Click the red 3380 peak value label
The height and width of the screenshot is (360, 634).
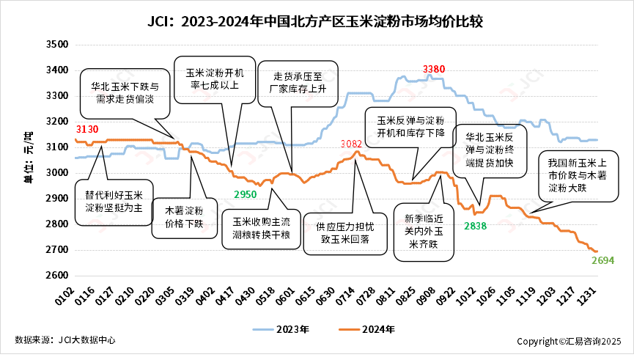coord(434,70)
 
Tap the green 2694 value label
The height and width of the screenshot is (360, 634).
coord(602,260)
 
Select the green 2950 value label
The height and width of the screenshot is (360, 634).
coord(246,194)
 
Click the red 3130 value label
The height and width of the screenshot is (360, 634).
coord(86,129)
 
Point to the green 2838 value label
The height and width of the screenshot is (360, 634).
coord(475,226)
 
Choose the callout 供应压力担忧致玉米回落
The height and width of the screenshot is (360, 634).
coord(342,233)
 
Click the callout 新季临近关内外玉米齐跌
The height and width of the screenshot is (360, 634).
coord(420,232)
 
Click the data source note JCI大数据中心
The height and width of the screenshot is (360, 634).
coord(64,340)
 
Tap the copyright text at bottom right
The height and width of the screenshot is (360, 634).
coord(569,341)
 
